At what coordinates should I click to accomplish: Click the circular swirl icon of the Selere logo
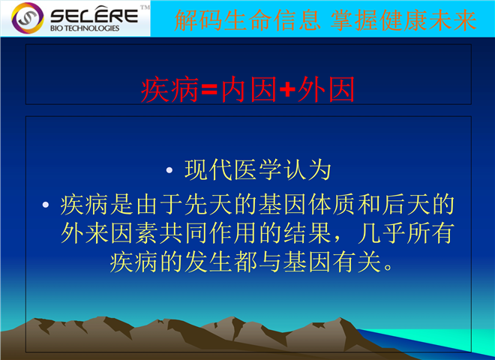[28, 18]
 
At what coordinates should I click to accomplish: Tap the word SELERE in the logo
[94, 16]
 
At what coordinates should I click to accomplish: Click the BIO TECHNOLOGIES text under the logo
[85, 28]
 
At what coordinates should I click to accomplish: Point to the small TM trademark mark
[145, 7]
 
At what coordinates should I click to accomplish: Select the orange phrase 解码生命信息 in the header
[247, 20]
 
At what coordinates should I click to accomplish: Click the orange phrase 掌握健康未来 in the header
[403, 20]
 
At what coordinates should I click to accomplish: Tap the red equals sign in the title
[209, 89]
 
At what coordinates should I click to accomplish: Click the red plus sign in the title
[287, 89]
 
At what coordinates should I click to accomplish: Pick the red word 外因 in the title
[326, 89]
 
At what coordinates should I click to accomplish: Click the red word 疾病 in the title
[169, 89]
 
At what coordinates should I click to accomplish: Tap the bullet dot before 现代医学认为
[169, 170]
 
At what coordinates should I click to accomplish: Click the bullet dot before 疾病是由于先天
[46, 205]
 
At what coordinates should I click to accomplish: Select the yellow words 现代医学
[233, 170]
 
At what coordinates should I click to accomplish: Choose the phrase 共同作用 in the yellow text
[208, 233]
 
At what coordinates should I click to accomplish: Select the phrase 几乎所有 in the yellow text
[406, 233]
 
